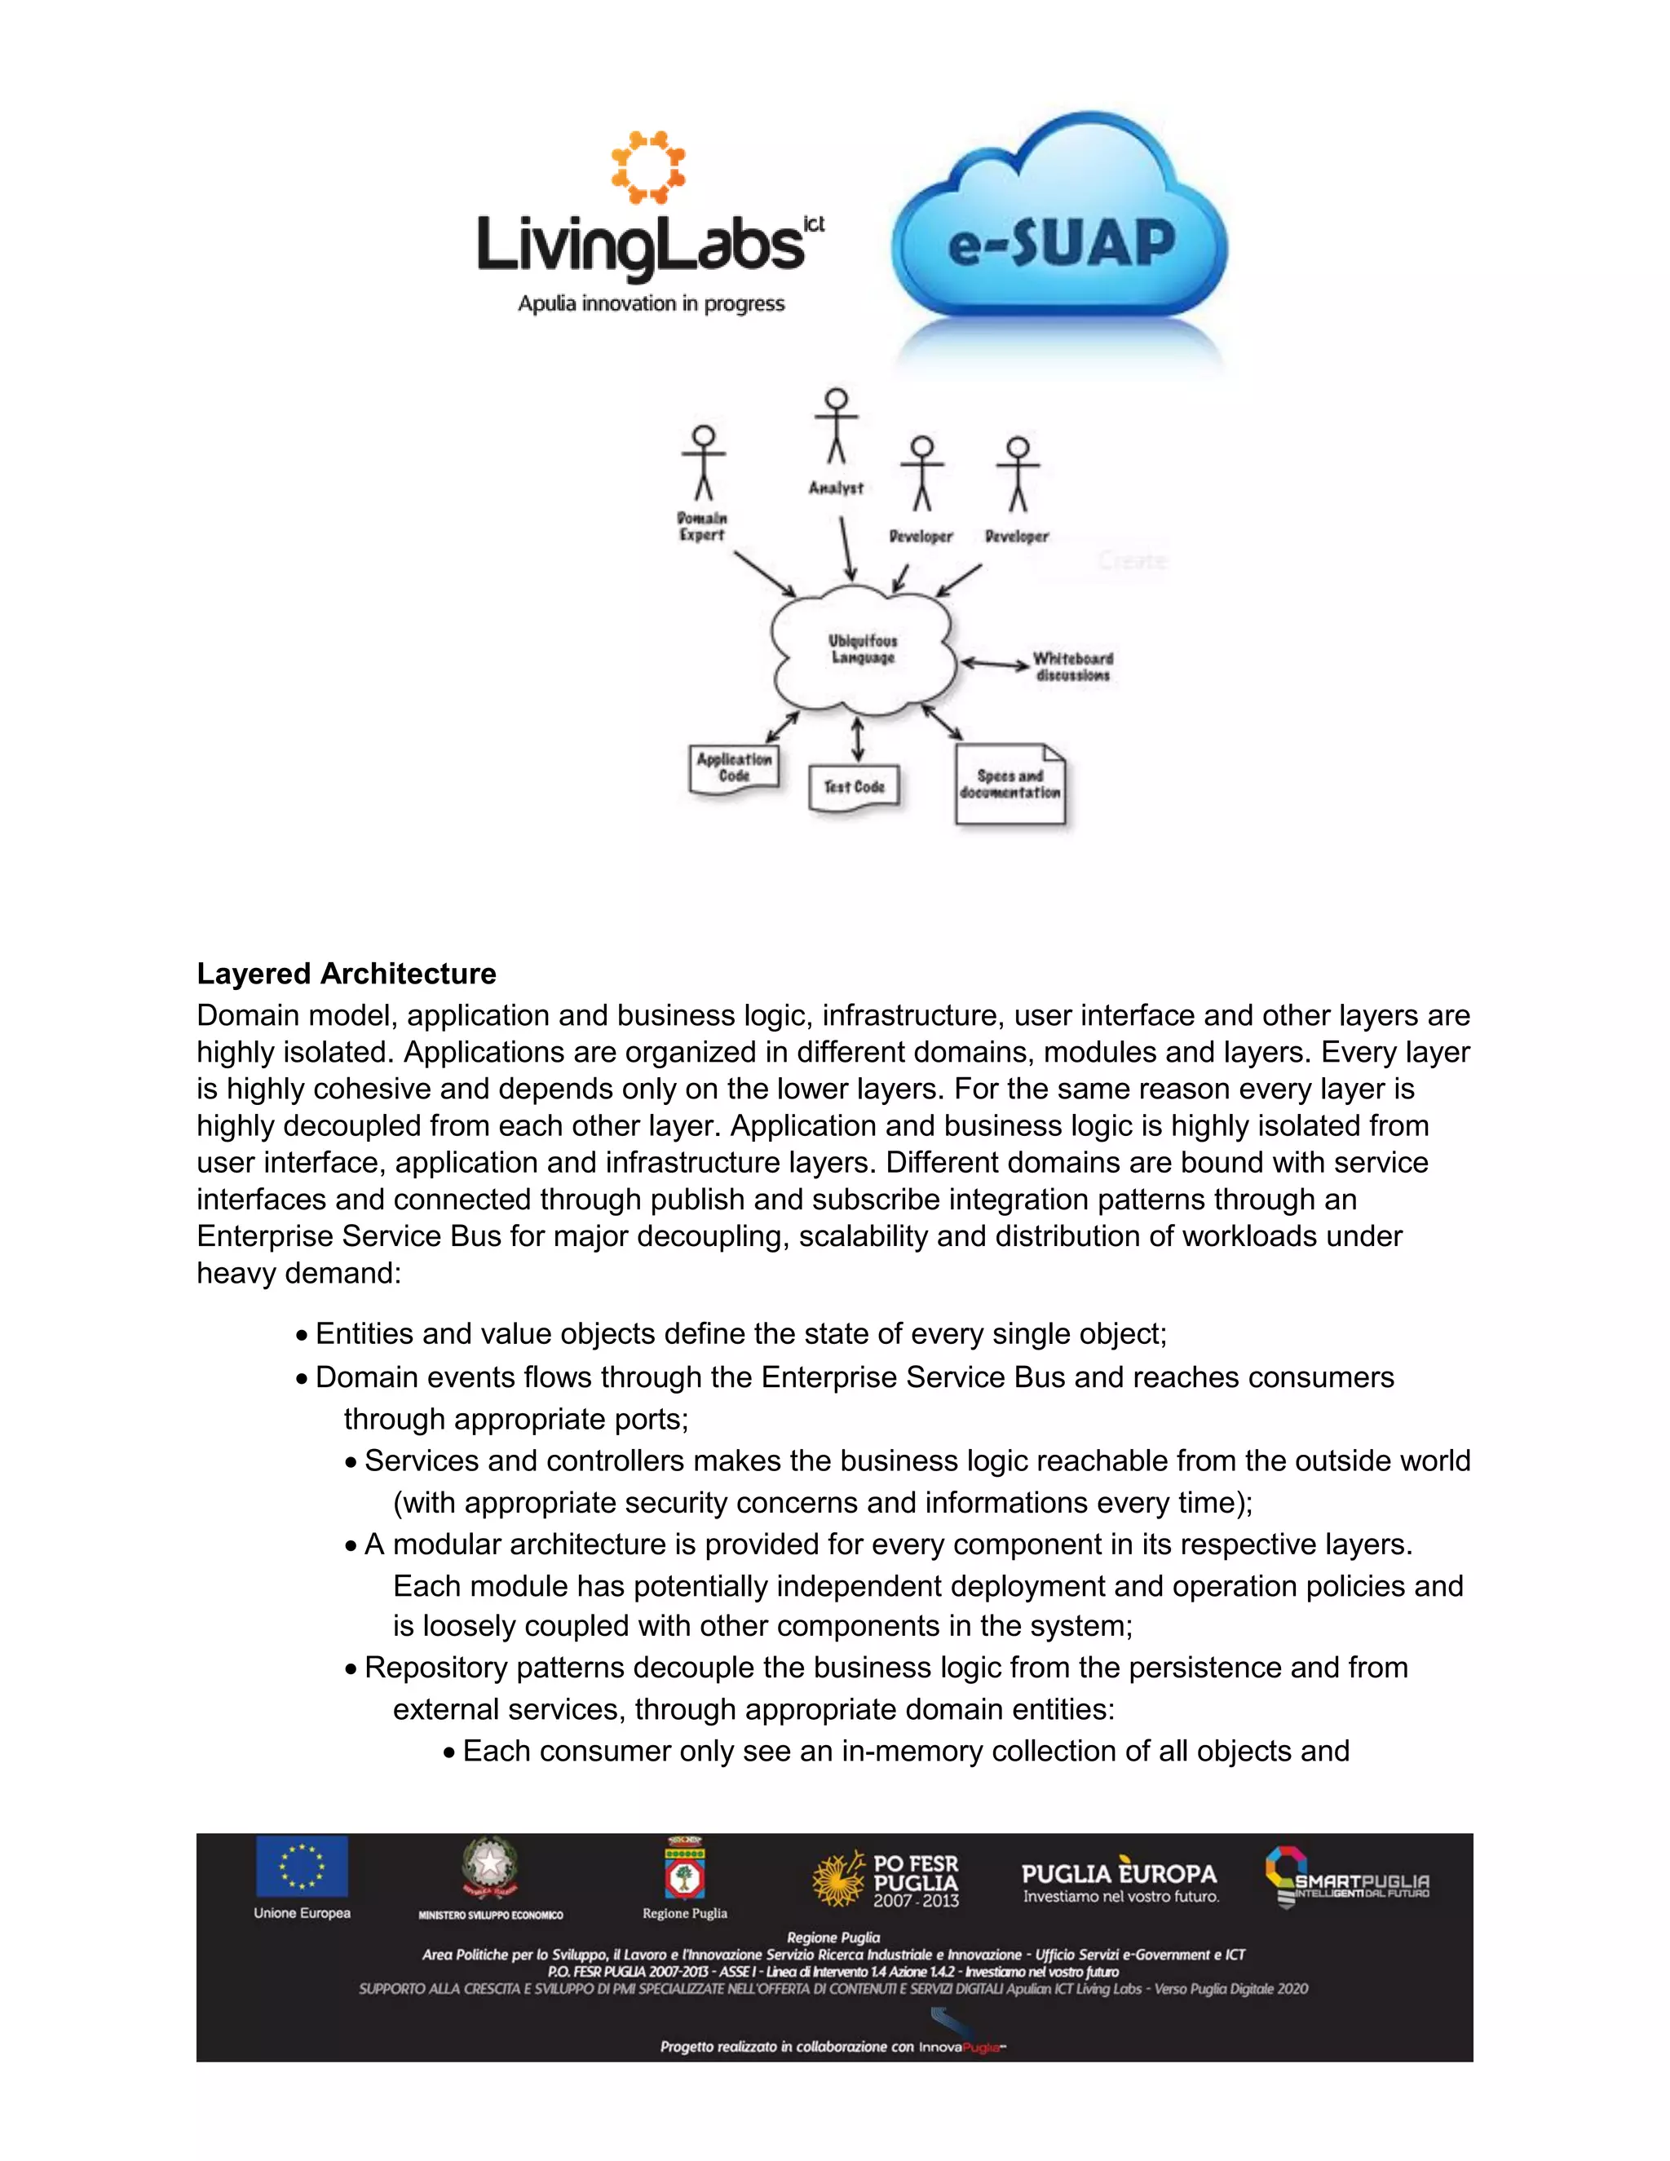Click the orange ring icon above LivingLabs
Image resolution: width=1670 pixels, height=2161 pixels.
point(648,166)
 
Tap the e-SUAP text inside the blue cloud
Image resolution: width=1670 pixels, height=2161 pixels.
point(1061,243)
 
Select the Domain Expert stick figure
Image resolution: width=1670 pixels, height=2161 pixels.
point(704,463)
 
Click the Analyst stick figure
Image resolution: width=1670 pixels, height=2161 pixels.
point(836,426)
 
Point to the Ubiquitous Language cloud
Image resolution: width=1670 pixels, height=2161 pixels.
point(863,649)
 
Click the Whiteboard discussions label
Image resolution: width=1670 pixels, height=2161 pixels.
point(1073,666)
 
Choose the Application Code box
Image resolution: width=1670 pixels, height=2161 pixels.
point(733,769)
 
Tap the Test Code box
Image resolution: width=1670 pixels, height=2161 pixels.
point(854,788)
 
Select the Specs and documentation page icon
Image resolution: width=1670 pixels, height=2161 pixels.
point(1010,784)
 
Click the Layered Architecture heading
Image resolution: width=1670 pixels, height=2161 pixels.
point(347,974)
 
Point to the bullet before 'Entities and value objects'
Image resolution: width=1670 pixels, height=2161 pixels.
point(302,1336)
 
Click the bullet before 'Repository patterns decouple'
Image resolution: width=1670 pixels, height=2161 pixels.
point(351,1669)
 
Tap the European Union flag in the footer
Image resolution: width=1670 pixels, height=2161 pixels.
point(302,1866)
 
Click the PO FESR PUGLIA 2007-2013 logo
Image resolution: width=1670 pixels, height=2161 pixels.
point(886,1880)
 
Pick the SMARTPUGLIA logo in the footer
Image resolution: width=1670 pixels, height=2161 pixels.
point(1347,1878)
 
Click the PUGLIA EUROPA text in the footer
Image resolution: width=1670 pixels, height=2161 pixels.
point(1119,1874)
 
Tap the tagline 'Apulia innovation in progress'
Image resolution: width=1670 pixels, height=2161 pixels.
point(651,304)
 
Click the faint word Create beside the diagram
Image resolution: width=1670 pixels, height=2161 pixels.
point(1133,561)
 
